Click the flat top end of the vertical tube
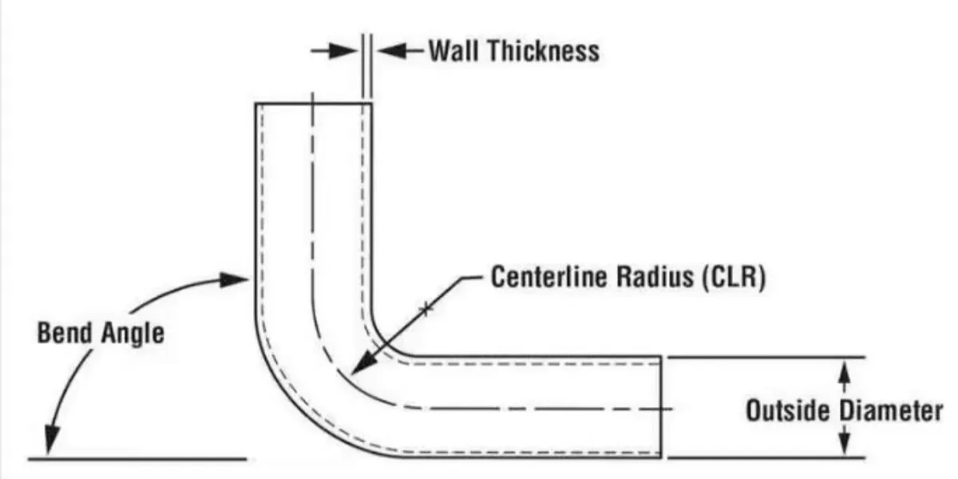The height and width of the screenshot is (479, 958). (313, 104)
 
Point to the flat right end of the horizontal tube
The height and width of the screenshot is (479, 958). (661, 407)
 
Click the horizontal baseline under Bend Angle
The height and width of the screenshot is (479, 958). (136, 459)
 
